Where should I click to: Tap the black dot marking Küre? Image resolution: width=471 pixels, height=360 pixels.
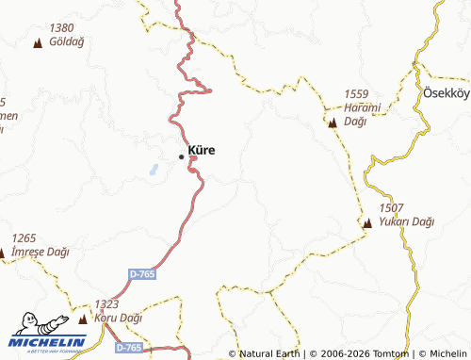pos(182,156)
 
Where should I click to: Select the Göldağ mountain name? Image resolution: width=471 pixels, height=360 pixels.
pos(68,43)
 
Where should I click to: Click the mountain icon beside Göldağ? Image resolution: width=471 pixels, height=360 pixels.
pos(38,43)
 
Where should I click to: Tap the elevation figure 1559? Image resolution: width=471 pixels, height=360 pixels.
pos(356,93)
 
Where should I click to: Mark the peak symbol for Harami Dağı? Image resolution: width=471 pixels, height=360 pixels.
pos(332,123)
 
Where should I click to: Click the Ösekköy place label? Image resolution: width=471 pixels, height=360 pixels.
pos(446,95)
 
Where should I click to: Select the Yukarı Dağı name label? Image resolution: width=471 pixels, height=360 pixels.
pos(406,222)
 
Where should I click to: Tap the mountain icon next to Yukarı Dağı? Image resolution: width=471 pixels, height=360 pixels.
pos(367,223)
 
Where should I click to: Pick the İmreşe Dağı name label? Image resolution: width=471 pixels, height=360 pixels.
pos(42,253)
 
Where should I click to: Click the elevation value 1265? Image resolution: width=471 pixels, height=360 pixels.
pos(24,238)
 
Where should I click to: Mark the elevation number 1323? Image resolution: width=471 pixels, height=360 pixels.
pos(106,305)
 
